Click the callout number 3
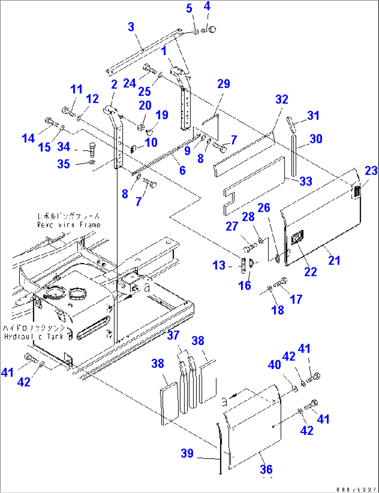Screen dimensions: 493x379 click(131, 27)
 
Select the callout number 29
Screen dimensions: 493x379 click(224, 84)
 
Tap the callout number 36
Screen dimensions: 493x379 click(266, 469)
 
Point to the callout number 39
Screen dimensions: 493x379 click(187, 453)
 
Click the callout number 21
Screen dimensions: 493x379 click(334, 260)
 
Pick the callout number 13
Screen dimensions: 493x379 click(219, 265)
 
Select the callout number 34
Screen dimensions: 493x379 click(64, 147)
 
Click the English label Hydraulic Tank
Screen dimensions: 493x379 click(34, 337)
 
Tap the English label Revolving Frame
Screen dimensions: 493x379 click(69, 225)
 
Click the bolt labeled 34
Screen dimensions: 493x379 click(92, 150)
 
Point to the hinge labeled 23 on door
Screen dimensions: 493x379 click(356, 192)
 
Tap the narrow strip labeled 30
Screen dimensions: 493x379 click(294, 156)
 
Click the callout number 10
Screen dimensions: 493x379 click(151, 142)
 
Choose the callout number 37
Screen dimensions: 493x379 click(173, 335)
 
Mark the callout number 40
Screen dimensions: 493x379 click(274, 365)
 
